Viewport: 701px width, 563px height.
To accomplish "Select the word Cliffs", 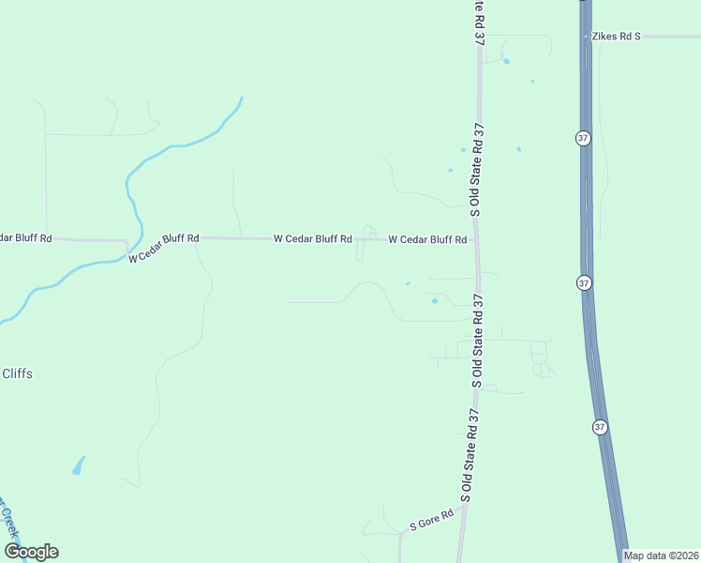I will [x=17, y=373].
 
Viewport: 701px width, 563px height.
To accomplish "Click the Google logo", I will [x=31, y=552].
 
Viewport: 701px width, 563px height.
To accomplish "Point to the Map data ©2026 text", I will [x=662, y=555].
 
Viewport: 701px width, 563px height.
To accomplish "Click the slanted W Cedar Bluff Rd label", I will [x=164, y=248].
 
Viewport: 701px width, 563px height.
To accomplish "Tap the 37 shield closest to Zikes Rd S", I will [x=583, y=138].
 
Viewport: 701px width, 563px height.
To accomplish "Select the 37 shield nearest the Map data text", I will [x=600, y=426].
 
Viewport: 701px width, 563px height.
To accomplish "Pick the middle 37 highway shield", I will [x=583, y=282].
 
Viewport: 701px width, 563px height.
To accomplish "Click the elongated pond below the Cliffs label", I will [x=79, y=464].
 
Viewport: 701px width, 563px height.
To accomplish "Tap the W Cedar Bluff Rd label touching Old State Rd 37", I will [x=427, y=240].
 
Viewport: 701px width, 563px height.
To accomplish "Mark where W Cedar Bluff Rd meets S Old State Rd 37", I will [x=478, y=240].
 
